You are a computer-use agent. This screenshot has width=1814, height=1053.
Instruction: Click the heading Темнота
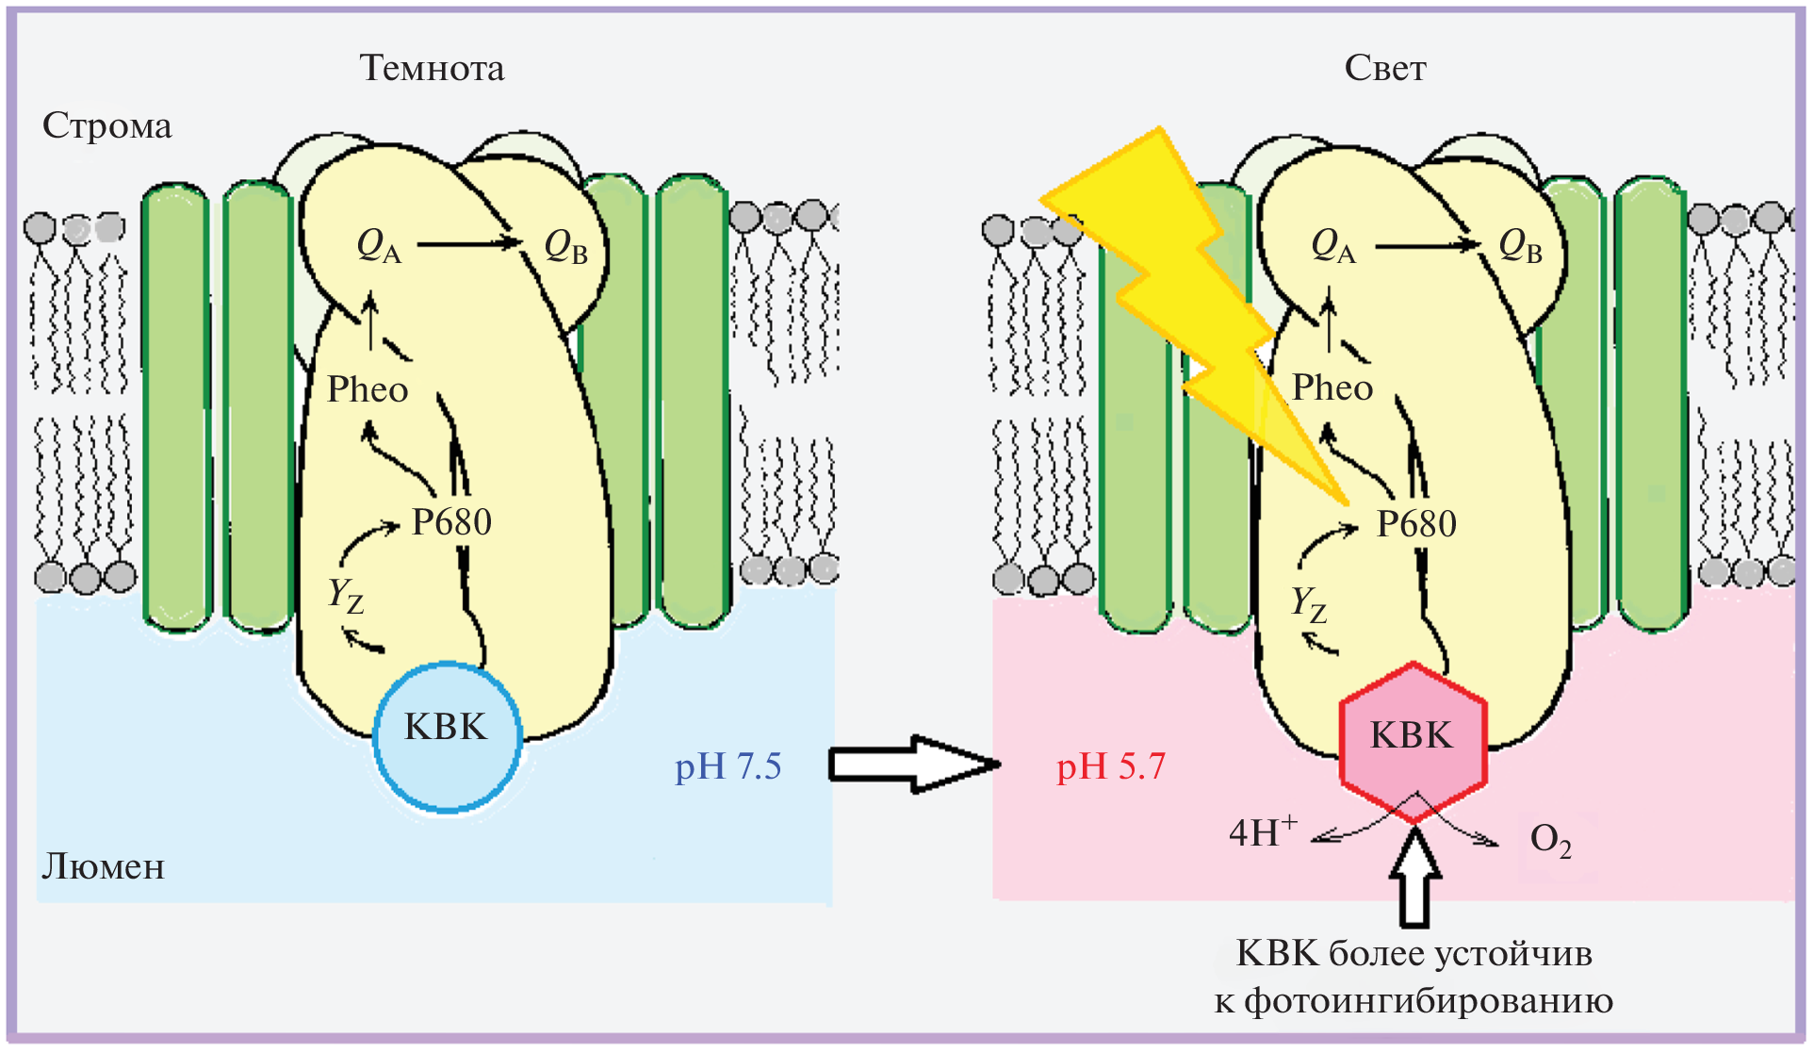[432, 68]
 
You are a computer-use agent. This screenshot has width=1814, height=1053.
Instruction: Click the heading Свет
[1384, 68]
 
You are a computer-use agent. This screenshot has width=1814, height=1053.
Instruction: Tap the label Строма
[107, 126]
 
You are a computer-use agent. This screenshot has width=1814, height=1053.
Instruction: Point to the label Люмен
[103, 866]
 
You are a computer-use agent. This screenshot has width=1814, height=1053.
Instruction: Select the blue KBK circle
[447, 735]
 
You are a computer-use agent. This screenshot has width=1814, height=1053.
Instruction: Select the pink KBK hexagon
[1413, 741]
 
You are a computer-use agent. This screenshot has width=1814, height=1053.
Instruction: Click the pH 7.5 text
[727, 766]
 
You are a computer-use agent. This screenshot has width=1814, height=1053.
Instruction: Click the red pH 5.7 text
[1110, 766]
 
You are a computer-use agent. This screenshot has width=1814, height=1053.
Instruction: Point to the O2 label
[1550, 839]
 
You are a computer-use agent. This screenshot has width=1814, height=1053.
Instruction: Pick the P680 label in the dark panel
[451, 521]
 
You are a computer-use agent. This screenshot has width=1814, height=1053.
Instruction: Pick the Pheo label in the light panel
[1332, 387]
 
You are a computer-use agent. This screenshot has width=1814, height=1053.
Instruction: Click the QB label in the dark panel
[566, 247]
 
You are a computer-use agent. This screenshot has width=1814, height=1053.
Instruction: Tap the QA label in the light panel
[1332, 247]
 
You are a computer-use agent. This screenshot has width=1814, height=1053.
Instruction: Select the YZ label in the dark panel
[345, 596]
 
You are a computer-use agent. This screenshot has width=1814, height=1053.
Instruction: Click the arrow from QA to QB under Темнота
[469, 244]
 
